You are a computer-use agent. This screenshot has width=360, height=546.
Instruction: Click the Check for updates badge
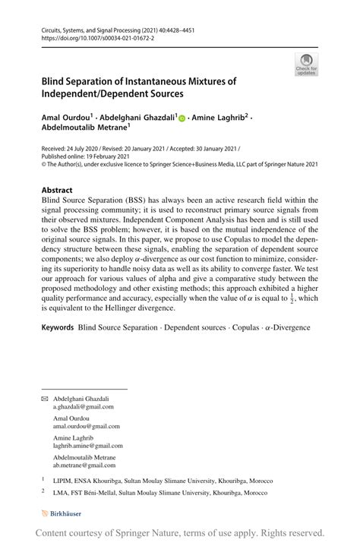(x=306, y=65)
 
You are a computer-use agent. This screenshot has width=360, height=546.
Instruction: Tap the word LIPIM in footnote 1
(x=62, y=481)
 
